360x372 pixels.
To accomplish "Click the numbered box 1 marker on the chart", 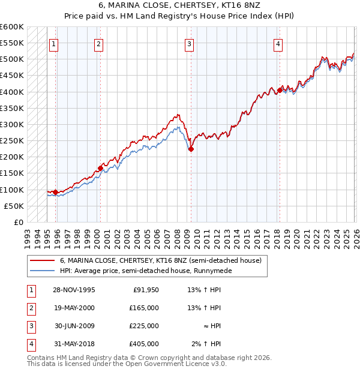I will [54, 43].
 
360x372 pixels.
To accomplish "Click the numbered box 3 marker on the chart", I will [189, 43].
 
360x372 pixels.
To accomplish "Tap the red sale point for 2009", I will [191, 149].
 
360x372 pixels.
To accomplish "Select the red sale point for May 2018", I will [280, 91].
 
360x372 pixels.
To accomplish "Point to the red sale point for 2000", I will [100, 169].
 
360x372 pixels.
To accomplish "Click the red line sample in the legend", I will [42, 261].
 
